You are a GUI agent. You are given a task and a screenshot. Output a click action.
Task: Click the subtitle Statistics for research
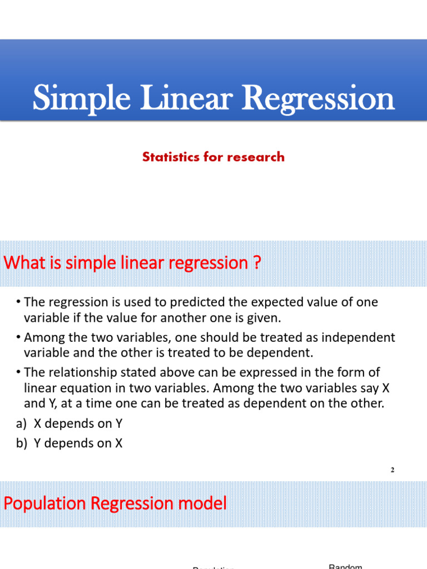click(x=213, y=157)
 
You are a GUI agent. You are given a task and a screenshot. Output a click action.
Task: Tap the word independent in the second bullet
click(x=356, y=337)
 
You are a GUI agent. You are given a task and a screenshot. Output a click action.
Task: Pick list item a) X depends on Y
click(x=69, y=423)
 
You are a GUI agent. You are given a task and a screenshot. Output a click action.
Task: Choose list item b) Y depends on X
click(x=69, y=443)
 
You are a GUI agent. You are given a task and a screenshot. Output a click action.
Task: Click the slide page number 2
click(x=392, y=470)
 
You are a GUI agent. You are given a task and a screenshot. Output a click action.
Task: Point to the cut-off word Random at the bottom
click(x=345, y=566)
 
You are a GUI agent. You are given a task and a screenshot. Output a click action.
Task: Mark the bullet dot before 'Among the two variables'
click(x=18, y=337)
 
